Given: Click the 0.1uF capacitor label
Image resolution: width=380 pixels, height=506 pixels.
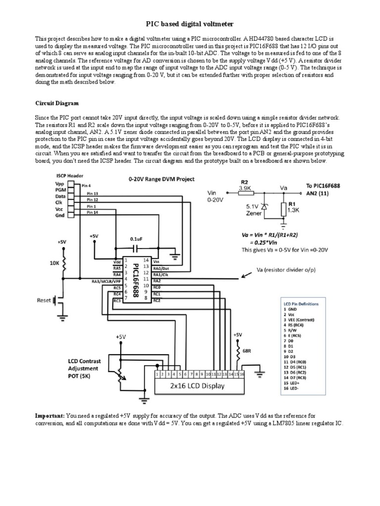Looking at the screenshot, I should [x=136, y=239].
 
